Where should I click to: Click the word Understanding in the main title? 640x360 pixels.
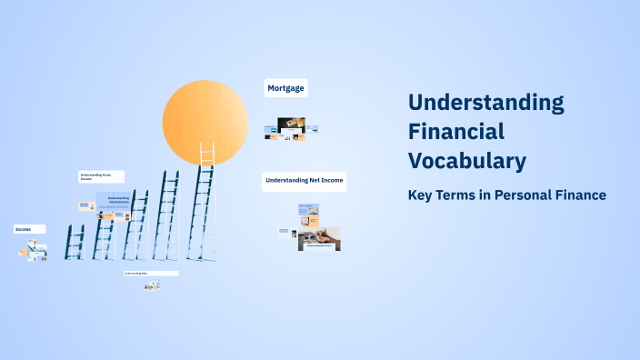(485, 102)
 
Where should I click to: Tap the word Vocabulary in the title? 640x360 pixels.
(466, 161)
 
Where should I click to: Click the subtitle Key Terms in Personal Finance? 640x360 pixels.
(506, 195)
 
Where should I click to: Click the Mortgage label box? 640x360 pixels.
(285, 88)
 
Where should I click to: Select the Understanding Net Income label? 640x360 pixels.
(304, 181)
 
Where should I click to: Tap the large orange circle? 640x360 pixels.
(205, 123)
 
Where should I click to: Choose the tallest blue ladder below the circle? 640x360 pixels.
(202, 215)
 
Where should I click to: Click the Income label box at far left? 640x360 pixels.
(29, 230)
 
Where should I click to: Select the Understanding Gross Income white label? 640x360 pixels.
(100, 176)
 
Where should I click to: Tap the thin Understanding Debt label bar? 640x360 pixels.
(151, 273)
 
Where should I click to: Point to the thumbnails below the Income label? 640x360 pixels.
(35, 252)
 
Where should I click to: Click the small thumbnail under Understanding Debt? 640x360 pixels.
(152, 285)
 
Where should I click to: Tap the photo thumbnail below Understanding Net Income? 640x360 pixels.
(319, 239)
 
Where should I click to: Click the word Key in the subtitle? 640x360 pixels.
(421, 195)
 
